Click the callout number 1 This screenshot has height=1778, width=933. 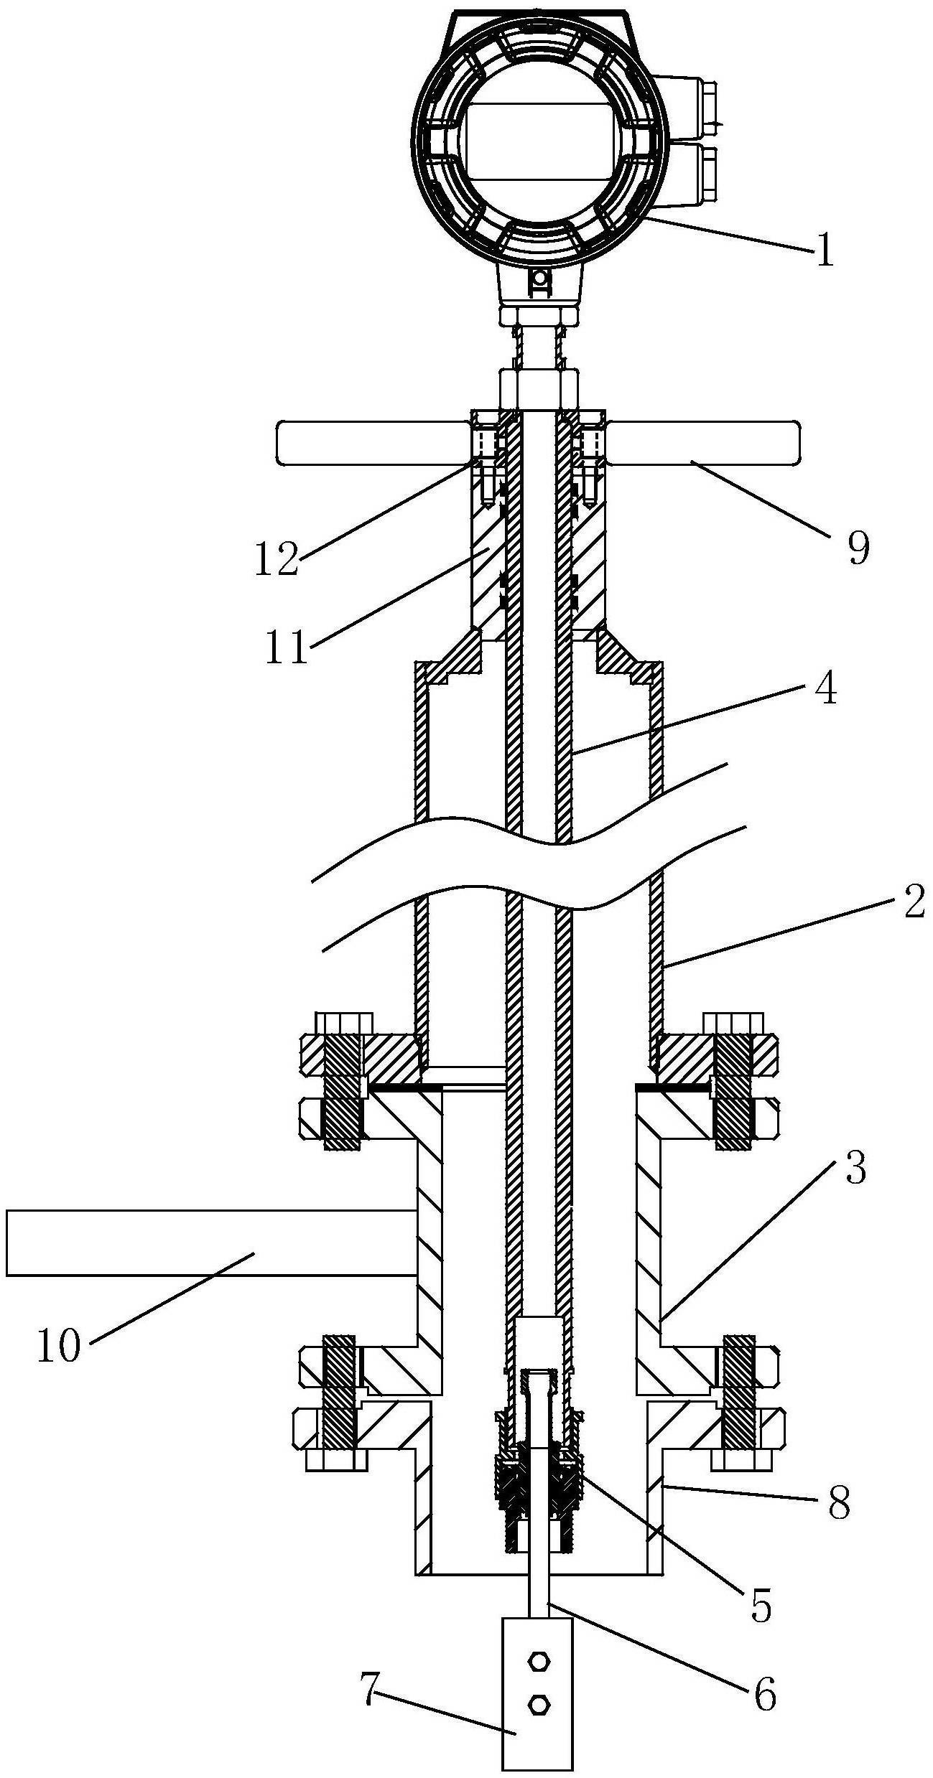[x=825, y=253]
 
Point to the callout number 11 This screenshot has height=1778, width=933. [x=286, y=647]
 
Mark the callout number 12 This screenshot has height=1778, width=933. [x=277, y=560]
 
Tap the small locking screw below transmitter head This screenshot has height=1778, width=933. [x=539, y=280]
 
